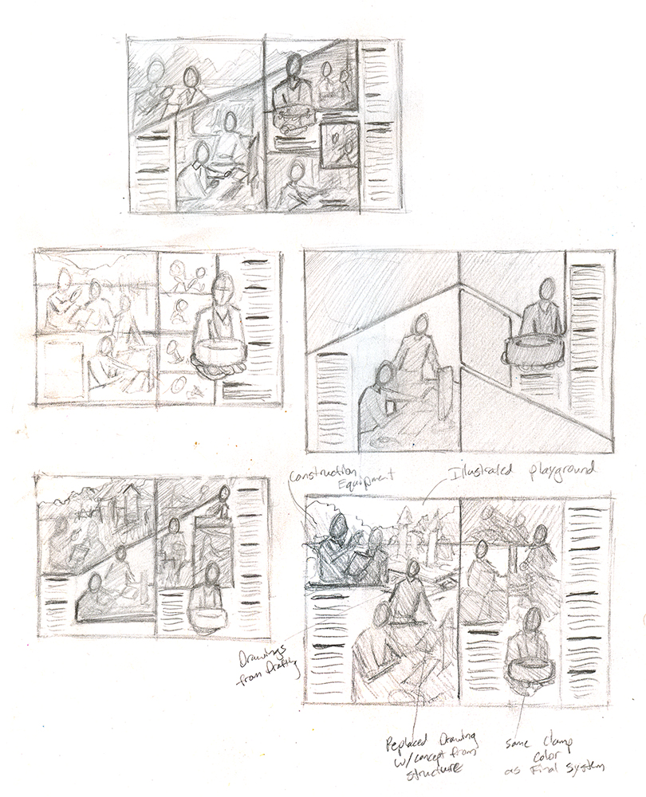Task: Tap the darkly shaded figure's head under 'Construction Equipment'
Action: [338, 525]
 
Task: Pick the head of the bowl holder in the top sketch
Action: [293, 65]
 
